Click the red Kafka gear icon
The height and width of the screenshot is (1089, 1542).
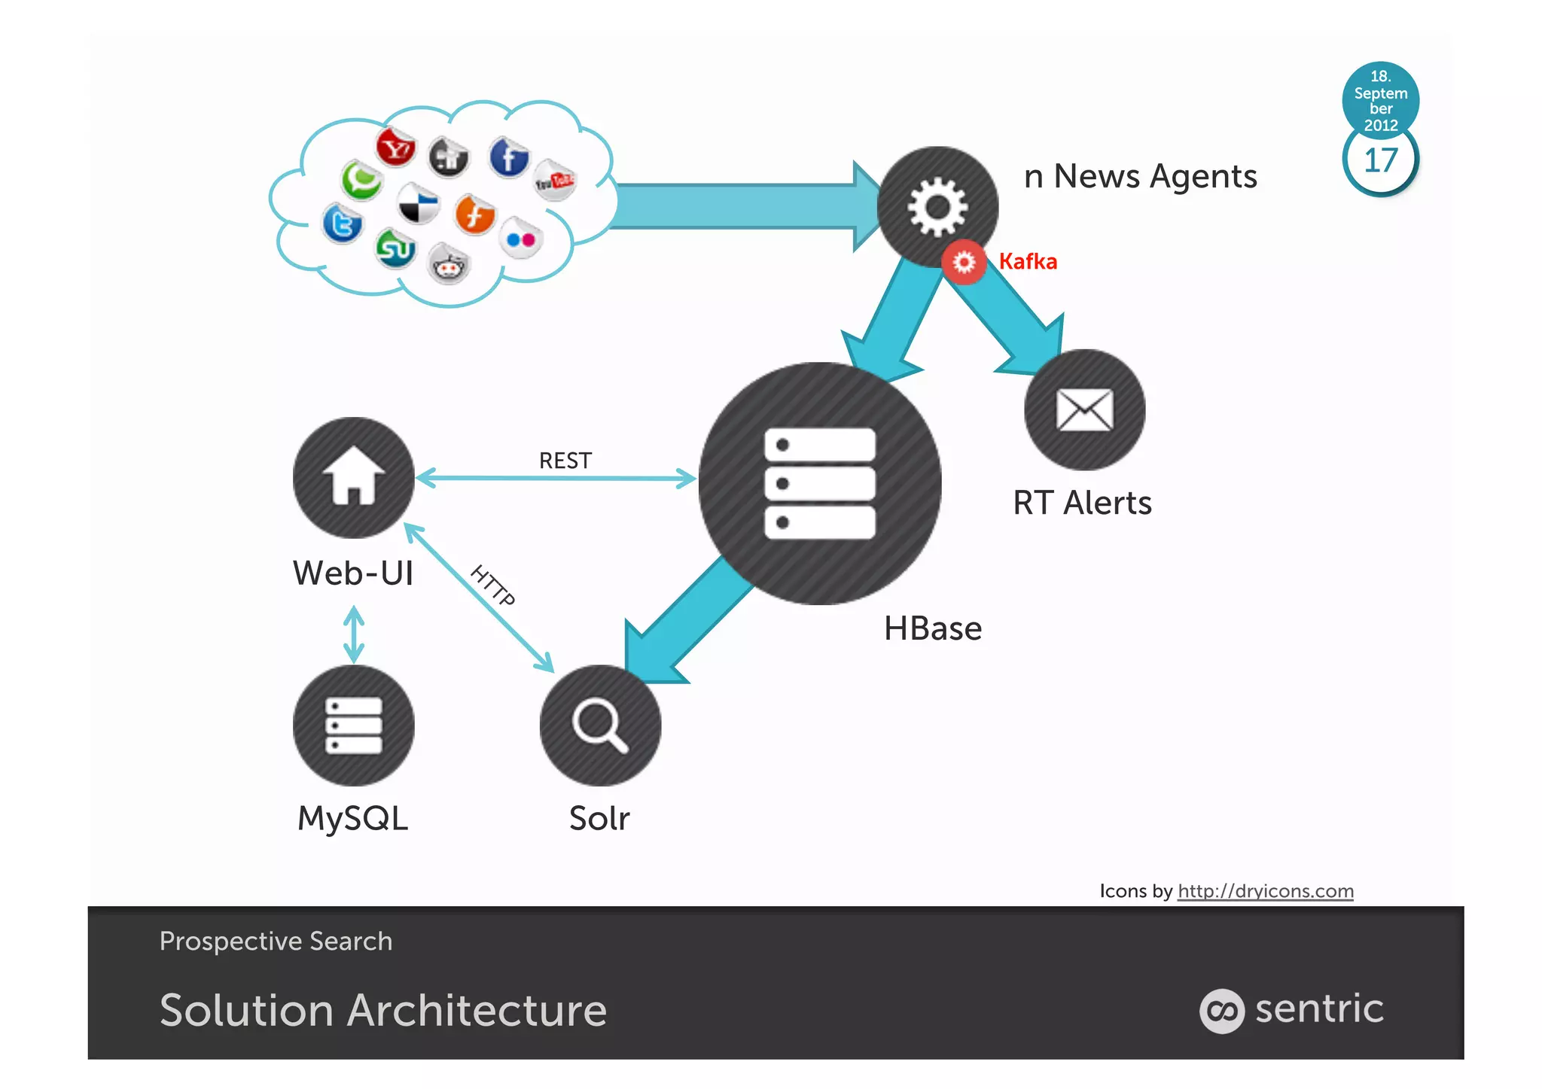[964, 262]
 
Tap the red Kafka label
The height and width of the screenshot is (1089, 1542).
[1028, 261]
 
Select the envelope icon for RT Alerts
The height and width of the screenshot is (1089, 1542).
[1084, 410]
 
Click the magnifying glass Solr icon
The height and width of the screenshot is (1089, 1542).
[600, 725]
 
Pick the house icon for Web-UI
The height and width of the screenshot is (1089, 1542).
[353, 477]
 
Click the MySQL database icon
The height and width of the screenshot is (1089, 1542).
[353, 725]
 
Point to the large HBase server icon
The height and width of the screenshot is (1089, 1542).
[820, 483]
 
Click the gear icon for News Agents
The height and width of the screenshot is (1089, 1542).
[937, 206]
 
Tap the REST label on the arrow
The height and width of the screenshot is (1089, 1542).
[565, 460]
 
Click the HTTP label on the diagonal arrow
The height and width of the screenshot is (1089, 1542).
[493, 586]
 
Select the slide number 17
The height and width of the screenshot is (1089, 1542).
[1380, 160]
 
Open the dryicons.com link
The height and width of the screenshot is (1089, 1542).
[1265, 890]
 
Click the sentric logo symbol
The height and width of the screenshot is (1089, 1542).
[1221, 1010]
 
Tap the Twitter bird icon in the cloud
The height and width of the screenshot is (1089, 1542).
[343, 224]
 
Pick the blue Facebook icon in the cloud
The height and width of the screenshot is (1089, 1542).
[509, 157]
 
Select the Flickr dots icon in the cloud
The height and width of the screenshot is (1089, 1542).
[521, 239]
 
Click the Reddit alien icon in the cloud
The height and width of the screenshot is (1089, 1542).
[449, 265]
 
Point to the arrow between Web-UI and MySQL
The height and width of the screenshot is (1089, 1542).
[354, 635]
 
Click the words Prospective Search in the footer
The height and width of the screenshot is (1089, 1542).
[276, 941]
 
